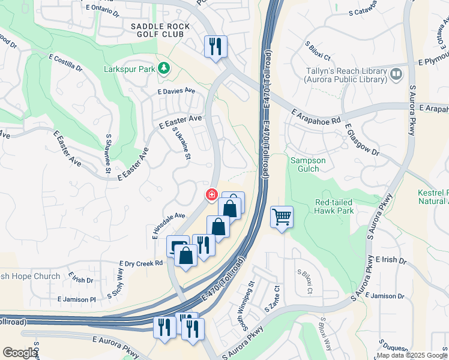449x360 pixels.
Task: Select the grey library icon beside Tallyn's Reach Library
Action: [x=396, y=74]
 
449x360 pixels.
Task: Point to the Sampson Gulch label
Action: [x=308, y=164]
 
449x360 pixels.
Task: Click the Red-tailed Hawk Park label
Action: [x=334, y=206]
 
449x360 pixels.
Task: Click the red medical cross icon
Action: [x=211, y=194]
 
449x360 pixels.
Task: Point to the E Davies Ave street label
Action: [x=176, y=91]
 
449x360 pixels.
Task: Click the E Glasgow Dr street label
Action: [x=362, y=140]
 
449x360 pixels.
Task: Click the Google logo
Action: [x=20, y=353]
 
